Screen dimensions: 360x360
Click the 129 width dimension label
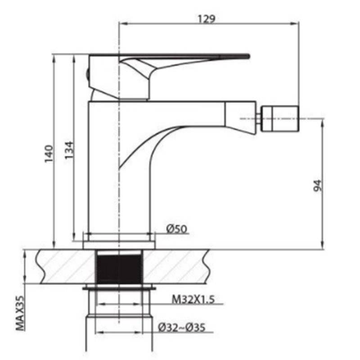[x=207, y=19]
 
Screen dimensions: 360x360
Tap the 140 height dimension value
[x=49, y=153]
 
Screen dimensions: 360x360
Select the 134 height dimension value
[x=69, y=150]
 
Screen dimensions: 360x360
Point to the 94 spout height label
[x=318, y=185]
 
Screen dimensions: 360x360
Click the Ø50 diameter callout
[x=176, y=229]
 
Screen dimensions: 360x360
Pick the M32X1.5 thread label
[x=193, y=299]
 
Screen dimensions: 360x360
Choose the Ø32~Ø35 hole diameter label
[x=182, y=328]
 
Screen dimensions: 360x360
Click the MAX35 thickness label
[x=20, y=313]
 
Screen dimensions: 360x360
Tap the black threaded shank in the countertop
[x=119, y=268]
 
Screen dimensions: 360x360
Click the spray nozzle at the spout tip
[x=280, y=119]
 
